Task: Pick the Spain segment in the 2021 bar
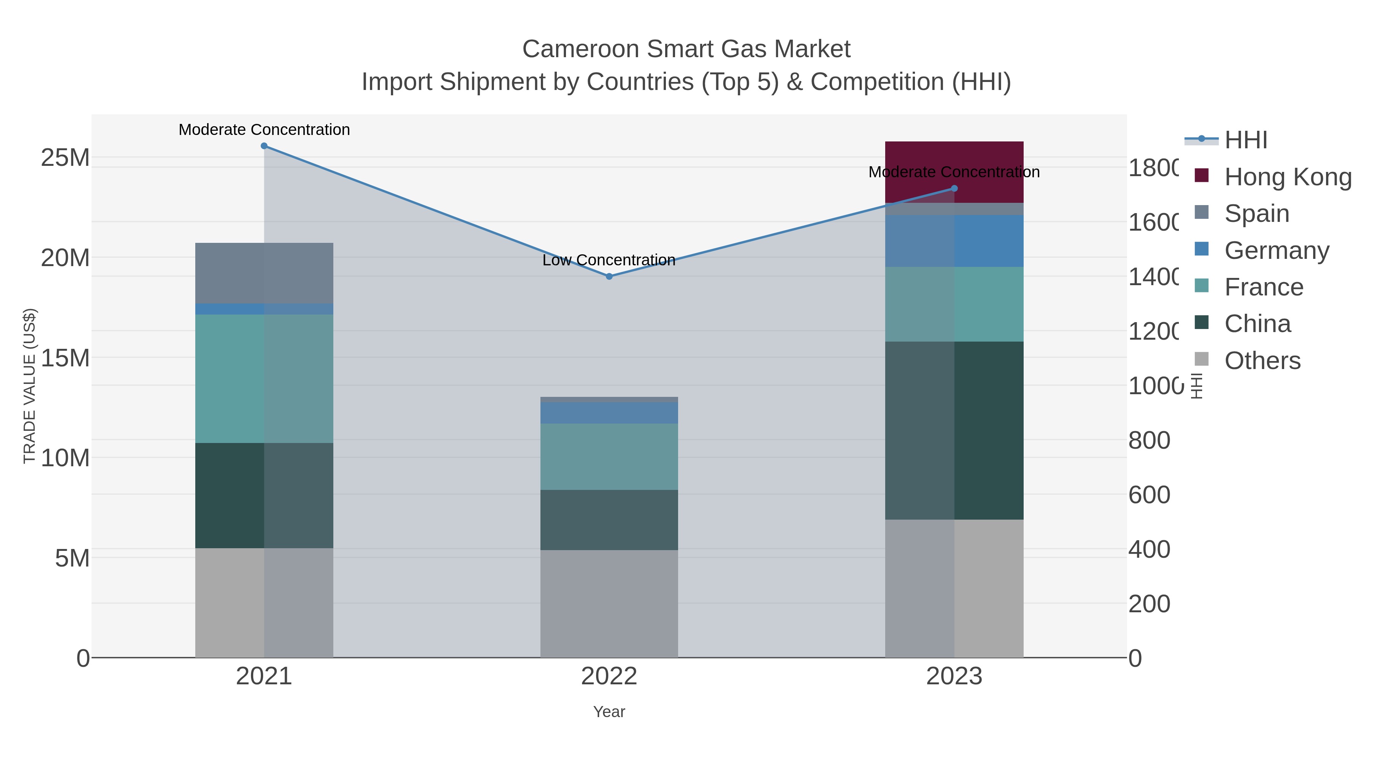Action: click(x=264, y=273)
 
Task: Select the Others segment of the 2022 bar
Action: click(x=609, y=603)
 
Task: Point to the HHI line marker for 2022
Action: click(x=609, y=276)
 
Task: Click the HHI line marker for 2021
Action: click(x=264, y=146)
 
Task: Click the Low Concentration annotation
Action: click(x=609, y=260)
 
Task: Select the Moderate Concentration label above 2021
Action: click(x=264, y=130)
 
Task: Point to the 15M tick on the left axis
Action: click(x=65, y=358)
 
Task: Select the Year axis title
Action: click(x=609, y=712)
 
